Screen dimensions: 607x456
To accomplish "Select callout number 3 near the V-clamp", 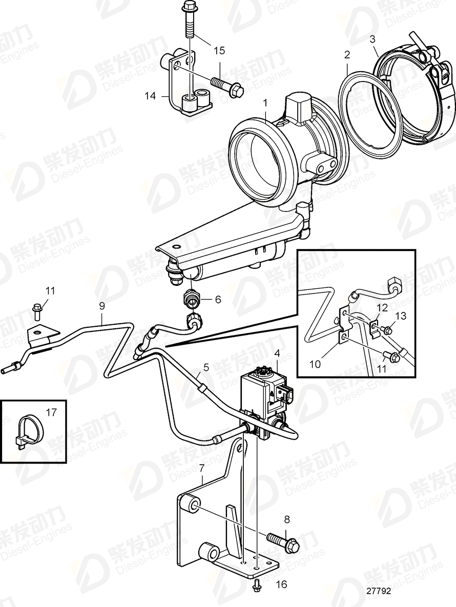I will click(x=373, y=38).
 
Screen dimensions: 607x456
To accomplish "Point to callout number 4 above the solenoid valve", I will click(x=277, y=353).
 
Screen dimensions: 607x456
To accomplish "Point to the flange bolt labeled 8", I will click(x=282, y=541).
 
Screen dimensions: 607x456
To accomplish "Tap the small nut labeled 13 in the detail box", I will click(x=388, y=331).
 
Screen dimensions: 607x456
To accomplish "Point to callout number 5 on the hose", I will click(x=206, y=367).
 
